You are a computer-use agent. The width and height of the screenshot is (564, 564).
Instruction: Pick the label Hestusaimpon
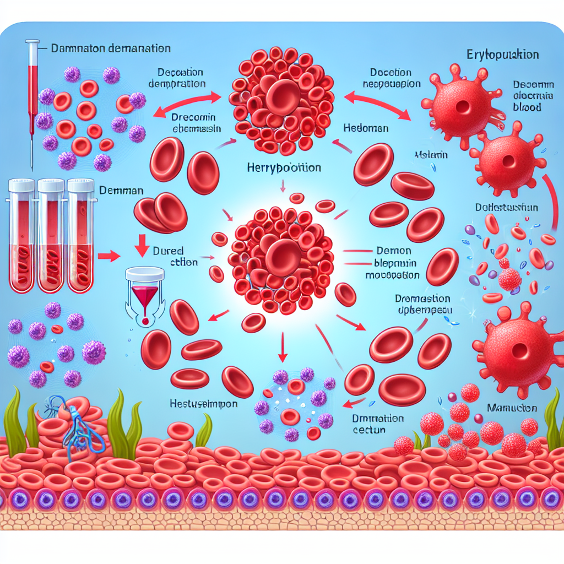[203, 404]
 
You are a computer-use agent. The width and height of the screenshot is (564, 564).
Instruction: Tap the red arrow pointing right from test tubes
[112, 256]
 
